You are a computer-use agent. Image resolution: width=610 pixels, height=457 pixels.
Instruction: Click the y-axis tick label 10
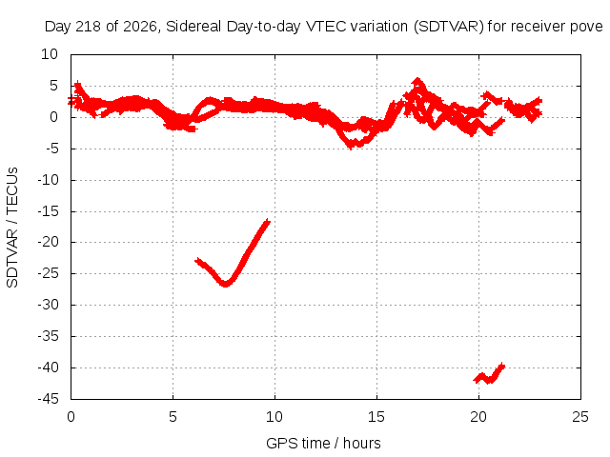[x=50, y=54]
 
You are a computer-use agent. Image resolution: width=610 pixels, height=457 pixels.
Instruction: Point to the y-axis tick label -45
[x=49, y=399]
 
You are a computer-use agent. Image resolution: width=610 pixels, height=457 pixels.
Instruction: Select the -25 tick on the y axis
[x=49, y=273]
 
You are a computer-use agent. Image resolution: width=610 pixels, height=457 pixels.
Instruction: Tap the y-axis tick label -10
[x=49, y=180]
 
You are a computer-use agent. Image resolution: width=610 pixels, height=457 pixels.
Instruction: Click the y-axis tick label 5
[x=53, y=86]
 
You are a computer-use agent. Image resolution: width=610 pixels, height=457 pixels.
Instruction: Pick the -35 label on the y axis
[x=49, y=336]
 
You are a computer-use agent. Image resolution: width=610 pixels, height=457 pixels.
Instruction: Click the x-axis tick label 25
[x=580, y=417]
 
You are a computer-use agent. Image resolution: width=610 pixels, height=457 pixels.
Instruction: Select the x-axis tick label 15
[x=376, y=417]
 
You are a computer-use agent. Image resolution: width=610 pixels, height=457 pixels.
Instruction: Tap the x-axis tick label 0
[x=71, y=417]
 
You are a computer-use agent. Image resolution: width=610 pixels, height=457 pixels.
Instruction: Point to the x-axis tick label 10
[x=274, y=417]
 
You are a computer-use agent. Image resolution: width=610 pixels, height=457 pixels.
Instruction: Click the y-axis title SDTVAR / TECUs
[x=12, y=228]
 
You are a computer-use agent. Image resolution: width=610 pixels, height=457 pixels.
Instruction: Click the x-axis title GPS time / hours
[x=323, y=443]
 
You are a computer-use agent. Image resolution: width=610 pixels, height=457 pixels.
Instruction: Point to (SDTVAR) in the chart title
[x=449, y=27]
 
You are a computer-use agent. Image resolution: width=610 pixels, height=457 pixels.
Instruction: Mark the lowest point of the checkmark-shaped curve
[x=225, y=284]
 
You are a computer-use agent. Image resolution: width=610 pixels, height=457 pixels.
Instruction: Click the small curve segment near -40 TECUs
[x=489, y=373]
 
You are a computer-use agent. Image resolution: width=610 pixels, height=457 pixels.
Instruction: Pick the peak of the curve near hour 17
[x=417, y=80]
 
